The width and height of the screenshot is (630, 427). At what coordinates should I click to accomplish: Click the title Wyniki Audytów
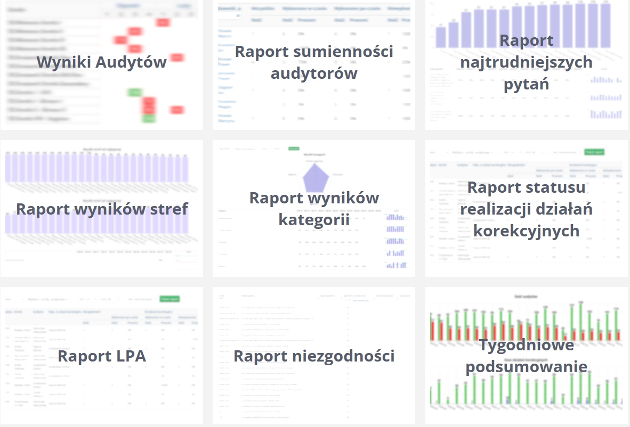[x=101, y=62]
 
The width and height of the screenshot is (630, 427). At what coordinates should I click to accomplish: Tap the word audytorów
[x=314, y=73]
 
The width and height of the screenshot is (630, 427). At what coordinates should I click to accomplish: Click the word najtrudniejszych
[x=527, y=62]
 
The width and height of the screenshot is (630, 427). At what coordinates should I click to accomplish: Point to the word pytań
[x=527, y=84]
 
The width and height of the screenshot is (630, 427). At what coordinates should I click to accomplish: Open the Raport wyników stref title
[x=101, y=209]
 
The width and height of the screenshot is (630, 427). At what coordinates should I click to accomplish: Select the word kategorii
[x=314, y=219]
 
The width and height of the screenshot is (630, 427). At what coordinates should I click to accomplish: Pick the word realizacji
[x=492, y=209]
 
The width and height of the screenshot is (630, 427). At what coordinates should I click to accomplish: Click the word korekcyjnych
[x=527, y=231]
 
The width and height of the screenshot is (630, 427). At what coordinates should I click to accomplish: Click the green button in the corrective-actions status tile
[x=594, y=152]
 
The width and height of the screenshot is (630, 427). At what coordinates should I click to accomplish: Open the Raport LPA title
[x=101, y=356]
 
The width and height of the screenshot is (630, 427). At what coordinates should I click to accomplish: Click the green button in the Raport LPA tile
[x=169, y=299]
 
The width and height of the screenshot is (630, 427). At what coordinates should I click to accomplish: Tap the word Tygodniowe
[x=527, y=345]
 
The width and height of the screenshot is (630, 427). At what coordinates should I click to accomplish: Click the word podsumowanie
[x=527, y=367]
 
